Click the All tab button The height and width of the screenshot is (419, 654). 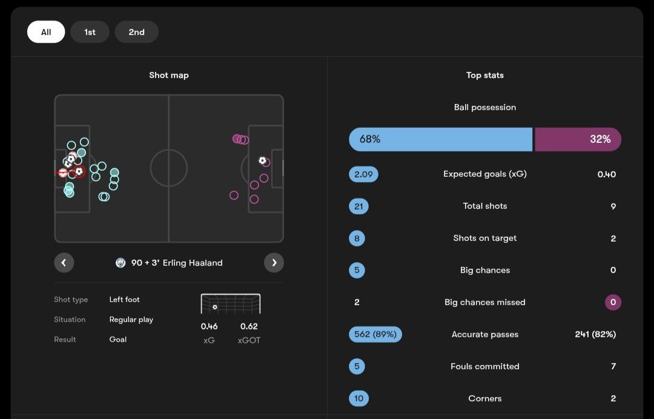(46, 32)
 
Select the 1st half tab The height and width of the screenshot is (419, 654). (90, 32)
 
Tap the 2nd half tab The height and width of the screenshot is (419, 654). (136, 32)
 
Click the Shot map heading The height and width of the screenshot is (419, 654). (169, 75)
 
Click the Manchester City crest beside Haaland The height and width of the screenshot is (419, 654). (121, 263)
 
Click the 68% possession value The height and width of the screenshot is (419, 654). (370, 139)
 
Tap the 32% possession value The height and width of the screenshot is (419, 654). (600, 139)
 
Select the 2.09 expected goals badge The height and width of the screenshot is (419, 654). (363, 174)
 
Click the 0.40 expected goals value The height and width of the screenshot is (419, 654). (606, 174)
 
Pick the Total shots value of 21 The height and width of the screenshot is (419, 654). (358, 206)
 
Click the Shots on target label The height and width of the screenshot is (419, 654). (485, 239)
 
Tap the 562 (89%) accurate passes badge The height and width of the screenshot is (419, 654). (375, 334)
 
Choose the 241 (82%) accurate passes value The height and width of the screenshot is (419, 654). (595, 334)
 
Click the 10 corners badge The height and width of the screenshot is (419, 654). (358, 398)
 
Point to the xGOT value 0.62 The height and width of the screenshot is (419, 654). (249, 326)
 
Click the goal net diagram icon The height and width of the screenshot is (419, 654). (231, 304)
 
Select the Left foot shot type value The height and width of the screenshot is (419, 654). (125, 300)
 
